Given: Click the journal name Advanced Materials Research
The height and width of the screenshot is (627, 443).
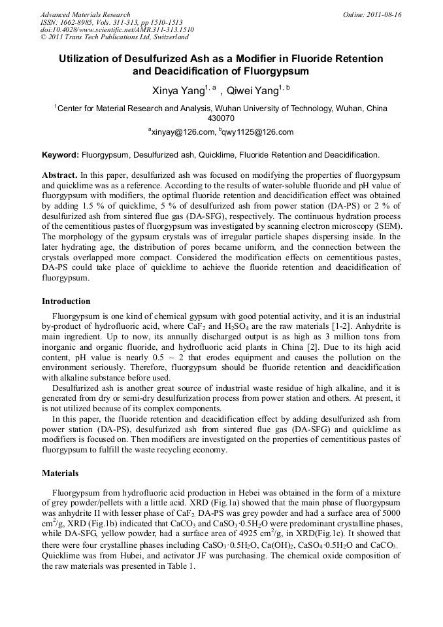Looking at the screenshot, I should (85, 14).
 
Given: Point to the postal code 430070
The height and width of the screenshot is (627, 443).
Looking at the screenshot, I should (221, 118).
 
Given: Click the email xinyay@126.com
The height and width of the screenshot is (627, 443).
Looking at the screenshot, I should (183, 132).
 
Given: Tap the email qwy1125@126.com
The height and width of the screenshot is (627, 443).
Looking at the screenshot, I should (258, 132).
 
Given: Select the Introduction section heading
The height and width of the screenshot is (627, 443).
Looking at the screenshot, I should (66, 301).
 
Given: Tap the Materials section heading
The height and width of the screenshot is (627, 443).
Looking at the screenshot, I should (60, 473).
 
